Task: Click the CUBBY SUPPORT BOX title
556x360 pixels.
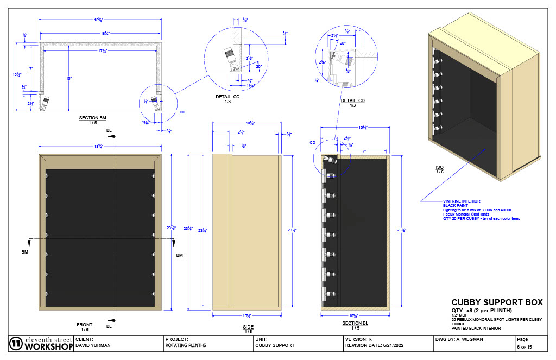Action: tap(497, 302)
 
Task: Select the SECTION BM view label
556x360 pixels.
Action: tap(92, 117)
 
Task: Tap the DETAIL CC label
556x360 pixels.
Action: tap(228, 97)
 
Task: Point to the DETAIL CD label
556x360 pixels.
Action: tap(352, 100)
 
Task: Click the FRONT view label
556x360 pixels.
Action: tap(85, 325)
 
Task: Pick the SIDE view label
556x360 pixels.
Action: tap(248, 327)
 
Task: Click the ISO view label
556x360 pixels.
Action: tap(439, 167)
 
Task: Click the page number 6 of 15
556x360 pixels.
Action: tap(526, 346)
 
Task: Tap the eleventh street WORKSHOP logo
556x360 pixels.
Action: tap(41, 343)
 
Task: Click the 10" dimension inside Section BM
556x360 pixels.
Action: tap(69, 79)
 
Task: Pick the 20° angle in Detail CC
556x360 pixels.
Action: tap(259, 66)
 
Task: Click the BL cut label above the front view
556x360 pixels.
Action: tap(109, 131)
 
